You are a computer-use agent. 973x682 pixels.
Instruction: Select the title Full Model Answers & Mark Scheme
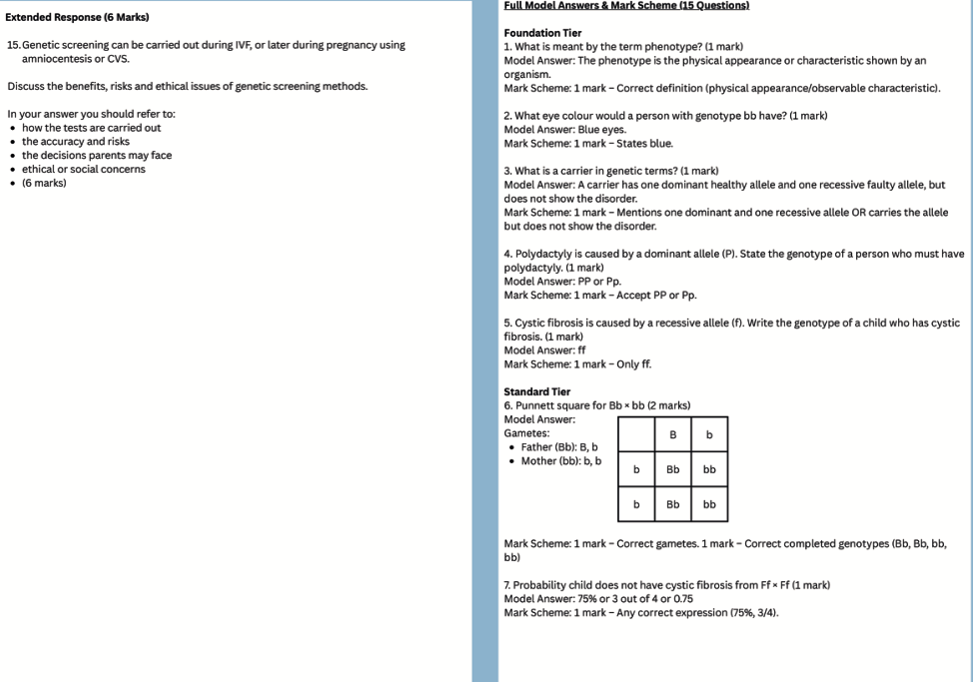coord(626,6)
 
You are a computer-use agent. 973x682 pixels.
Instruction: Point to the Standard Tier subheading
coord(537,391)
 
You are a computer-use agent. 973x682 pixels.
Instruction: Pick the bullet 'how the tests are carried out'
coord(91,128)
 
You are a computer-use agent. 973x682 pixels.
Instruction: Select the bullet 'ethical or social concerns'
coord(84,169)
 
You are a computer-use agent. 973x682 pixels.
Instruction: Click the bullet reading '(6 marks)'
coord(44,183)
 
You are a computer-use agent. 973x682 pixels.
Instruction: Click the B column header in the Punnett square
coord(673,435)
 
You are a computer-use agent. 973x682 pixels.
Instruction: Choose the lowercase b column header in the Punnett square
coord(709,435)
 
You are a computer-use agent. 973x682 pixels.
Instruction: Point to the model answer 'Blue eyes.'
coord(602,130)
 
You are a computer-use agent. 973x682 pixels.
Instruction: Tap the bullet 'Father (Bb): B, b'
coord(559,447)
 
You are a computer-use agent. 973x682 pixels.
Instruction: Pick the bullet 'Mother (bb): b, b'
coord(561,461)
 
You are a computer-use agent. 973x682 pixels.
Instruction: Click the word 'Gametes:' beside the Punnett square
coord(526,433)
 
